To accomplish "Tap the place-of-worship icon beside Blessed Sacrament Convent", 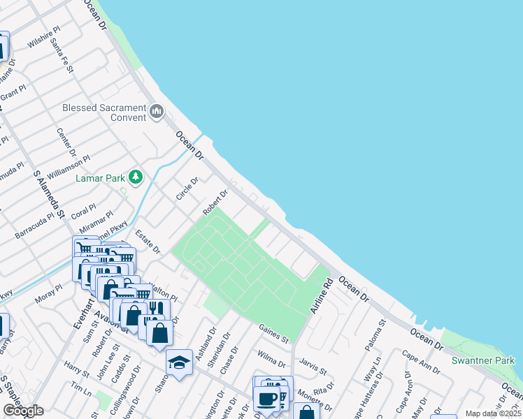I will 157,110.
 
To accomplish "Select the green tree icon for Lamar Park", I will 135,177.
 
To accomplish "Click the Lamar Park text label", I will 99,178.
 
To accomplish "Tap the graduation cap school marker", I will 179,362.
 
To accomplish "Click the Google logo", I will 23,411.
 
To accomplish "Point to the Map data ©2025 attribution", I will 493,413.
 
